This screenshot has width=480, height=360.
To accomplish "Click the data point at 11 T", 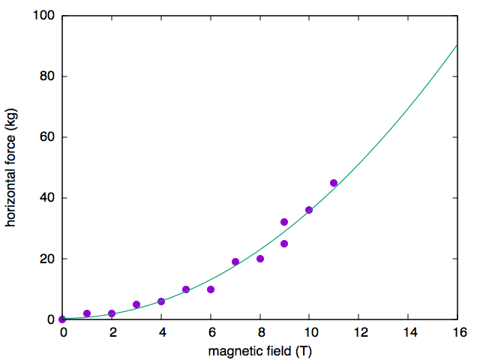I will [x=334, y=183].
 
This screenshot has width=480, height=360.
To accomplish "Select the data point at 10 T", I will [x=309, y=210].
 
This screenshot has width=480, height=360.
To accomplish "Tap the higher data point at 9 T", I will [x=284, y=222].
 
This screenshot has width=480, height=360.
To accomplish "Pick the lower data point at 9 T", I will [x=284, y=244].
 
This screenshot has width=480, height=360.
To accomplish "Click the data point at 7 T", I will [x=235, y=262].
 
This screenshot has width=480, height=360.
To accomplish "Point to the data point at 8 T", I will [x=260, y=259].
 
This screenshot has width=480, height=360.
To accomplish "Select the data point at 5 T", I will [x=186, y=289].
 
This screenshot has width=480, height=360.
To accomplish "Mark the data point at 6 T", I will [x=211, y=289].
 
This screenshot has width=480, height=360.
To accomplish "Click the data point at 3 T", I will [x=136, y=304].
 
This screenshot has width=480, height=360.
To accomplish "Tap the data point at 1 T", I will [x=87, y=313].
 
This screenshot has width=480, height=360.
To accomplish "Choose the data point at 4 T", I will [x=161, y=301].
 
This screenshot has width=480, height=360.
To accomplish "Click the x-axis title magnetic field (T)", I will [x=259, y=350].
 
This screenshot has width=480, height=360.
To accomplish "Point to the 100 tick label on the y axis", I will [x=43, y=16].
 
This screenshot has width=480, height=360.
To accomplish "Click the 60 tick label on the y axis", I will [x=46, y=137].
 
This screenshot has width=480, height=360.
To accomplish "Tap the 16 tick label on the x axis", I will [x=457, y=332].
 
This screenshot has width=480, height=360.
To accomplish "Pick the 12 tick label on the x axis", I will [x=358, y=332].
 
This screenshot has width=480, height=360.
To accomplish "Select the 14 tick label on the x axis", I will [x=408, y=332].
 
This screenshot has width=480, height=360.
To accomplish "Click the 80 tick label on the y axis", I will [x=46, y=76].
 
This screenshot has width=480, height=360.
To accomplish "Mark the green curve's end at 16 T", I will [x=457, y=45].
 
